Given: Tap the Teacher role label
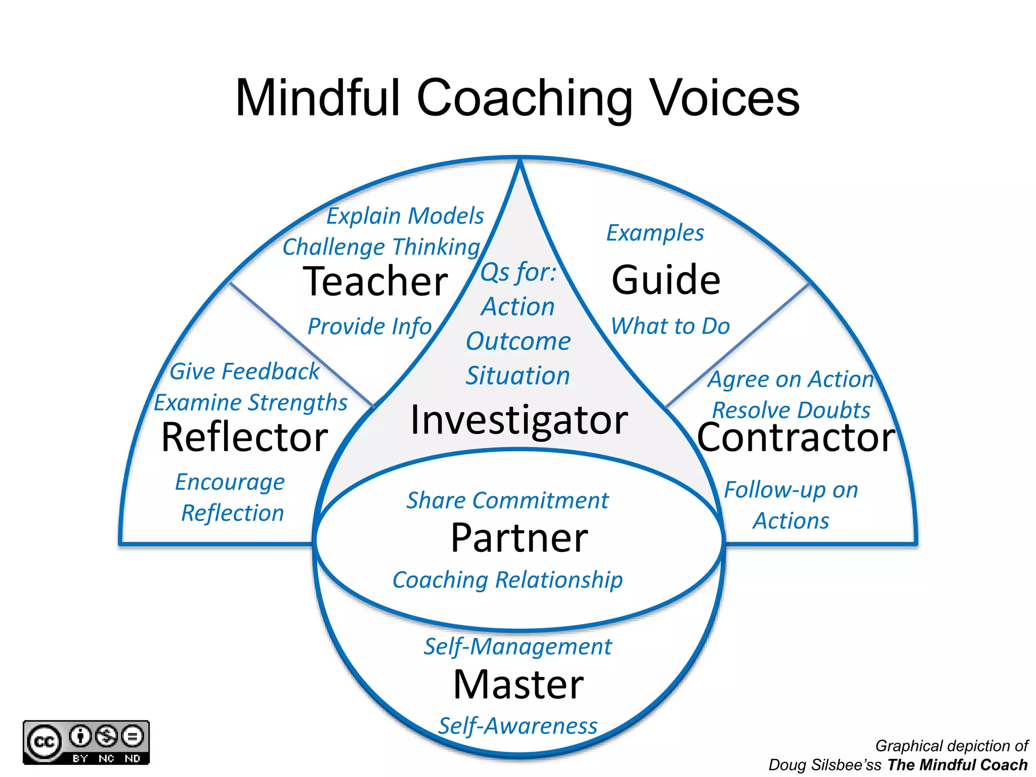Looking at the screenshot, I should coord(375,282).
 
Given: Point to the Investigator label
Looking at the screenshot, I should coord(519,420).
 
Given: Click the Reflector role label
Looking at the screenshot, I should coord(245,438).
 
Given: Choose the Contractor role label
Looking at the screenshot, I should coord(796,438).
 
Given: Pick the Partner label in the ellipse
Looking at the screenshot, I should coord(519,538).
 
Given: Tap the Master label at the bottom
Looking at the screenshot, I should coord(519,684).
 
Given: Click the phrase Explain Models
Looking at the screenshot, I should coord(405,216).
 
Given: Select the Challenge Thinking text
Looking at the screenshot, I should coord(381,247).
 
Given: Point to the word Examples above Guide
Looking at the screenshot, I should coord(655,233).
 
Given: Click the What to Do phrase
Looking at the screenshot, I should coord(670,326).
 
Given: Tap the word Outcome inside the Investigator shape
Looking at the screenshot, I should coord(518,341).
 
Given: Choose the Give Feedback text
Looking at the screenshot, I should coord(244,372).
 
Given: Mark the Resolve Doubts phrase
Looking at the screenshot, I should coord(791,410).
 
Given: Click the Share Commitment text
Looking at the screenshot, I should coord(507,501).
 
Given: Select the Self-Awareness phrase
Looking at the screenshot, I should coord(517,726).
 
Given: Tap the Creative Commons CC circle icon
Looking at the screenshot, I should coord(45,742).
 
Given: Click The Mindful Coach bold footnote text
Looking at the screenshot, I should coord(957,765).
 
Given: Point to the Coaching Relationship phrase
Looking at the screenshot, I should coord(507,580).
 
